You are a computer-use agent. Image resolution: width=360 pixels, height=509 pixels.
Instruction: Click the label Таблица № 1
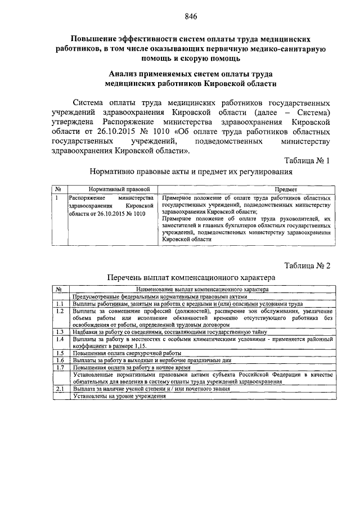click(x=307, y=160)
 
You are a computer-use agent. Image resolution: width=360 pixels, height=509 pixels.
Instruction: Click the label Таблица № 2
click(x=307, y=265)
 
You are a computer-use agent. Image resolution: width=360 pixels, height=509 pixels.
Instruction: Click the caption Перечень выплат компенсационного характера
click(x=191, y=277)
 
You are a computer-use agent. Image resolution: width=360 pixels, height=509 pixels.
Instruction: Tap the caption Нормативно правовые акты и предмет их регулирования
click(x=190, y=172)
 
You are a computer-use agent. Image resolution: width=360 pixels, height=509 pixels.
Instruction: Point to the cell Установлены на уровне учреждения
click(x=119, y=395)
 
